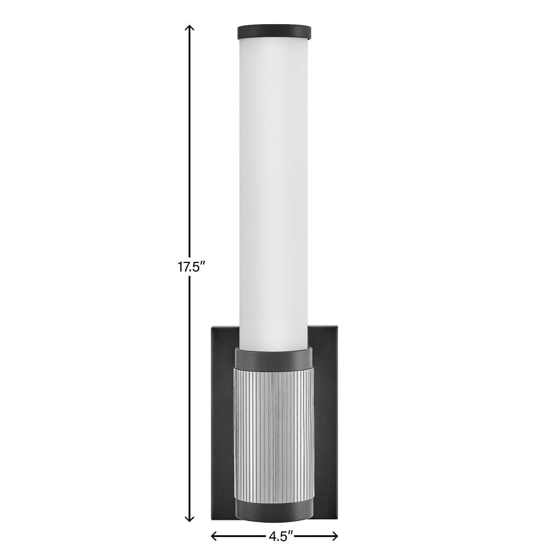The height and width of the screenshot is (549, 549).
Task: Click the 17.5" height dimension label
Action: point(190,267)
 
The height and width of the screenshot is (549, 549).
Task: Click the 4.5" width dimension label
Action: point(281,536)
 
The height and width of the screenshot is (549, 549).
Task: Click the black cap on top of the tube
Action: point(274,31)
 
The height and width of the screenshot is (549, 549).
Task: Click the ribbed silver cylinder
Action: point(274,434)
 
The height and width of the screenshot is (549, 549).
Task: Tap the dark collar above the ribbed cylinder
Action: point(274,357)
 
